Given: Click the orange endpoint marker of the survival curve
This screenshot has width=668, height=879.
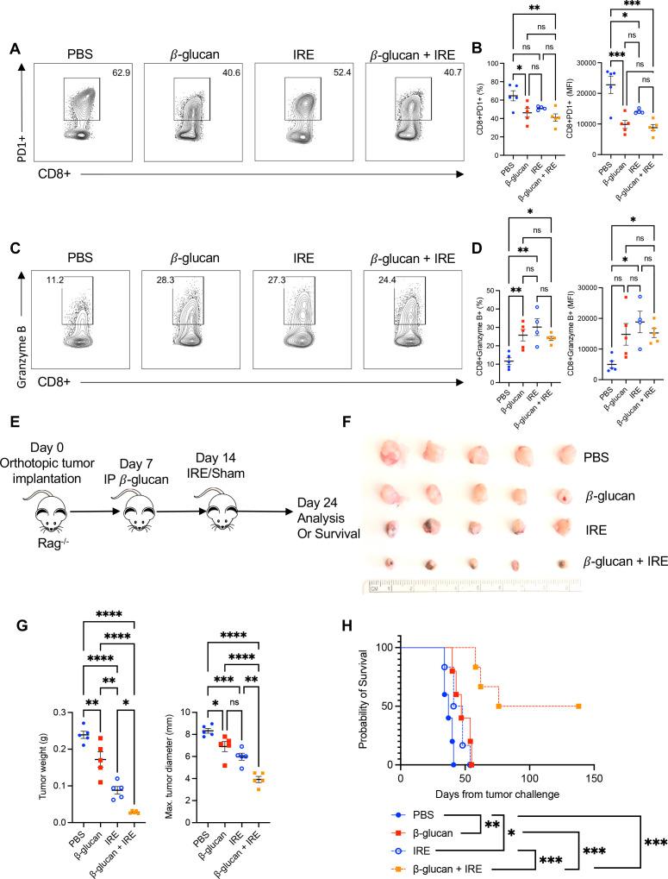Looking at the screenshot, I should pyautogui.click(x=577, y=706).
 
